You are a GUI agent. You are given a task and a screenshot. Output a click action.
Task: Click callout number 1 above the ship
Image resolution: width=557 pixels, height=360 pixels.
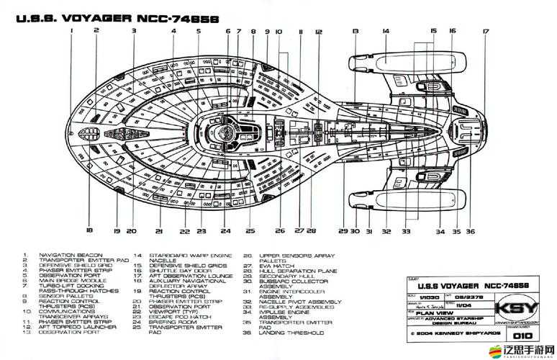(72, 30)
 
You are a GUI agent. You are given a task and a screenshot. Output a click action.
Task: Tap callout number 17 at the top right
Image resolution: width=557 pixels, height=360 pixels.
(485, 31)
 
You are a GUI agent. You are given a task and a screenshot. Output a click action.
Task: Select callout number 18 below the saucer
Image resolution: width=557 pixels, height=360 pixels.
(89, 230)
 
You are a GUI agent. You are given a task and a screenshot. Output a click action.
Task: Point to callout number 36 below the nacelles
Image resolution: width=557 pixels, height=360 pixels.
(470, 231)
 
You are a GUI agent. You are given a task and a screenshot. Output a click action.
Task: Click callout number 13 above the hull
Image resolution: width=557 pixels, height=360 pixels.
(356, 31)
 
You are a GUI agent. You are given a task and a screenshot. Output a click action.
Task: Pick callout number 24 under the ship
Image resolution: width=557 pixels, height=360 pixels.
(226, 231)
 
